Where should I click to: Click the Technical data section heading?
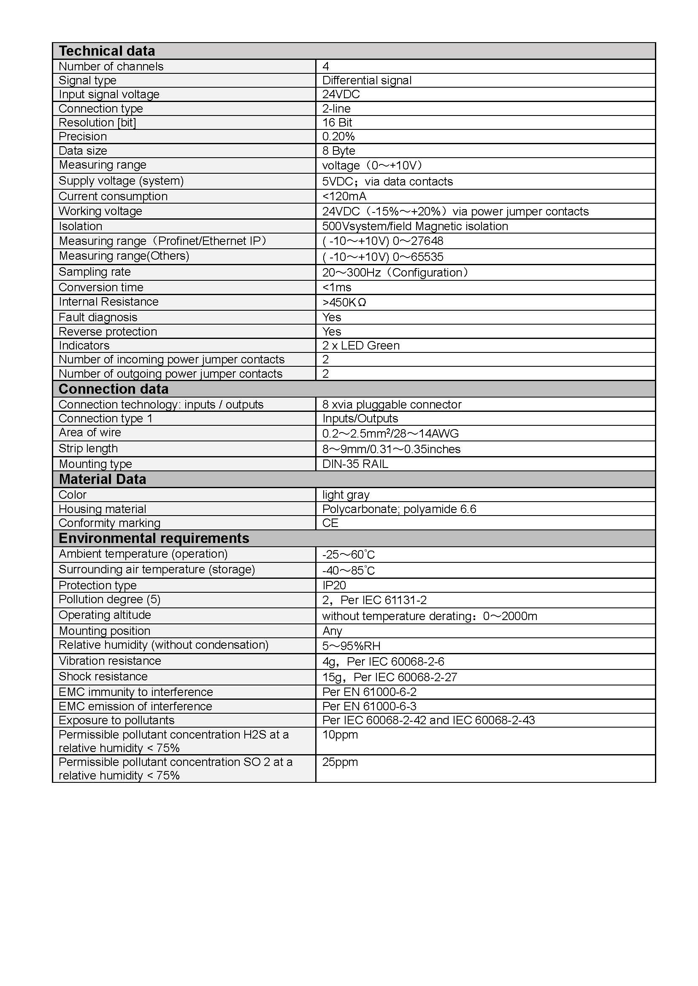pos(107,51)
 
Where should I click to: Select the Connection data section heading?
pos(114,389)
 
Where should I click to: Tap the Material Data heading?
pos(102,479)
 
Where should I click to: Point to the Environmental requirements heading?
pos(154,538)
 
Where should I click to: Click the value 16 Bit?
pos(337,123)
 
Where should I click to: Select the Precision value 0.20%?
pos(338,137)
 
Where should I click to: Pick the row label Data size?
pos(83,151)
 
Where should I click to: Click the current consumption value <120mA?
pos(344,197)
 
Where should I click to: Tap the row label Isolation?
pos(80,226)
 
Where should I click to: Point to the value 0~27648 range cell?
pos(382,242)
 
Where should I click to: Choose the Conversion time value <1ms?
pos(336,287)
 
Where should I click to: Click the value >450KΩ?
pos(344,302)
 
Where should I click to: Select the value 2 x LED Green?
pos(360,346)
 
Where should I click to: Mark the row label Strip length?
pos(88,449)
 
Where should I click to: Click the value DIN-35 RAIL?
pos(355,464)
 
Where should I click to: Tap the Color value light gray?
pos(346,495)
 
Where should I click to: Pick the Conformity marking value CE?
pos(330,523)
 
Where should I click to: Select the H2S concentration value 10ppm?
pos(340,735)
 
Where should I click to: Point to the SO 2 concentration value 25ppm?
pos(340,762)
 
